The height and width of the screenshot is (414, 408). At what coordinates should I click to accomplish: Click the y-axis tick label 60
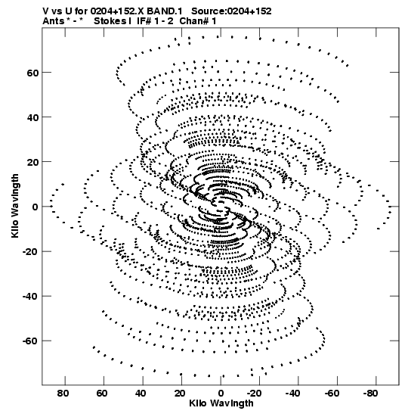pos(33,73)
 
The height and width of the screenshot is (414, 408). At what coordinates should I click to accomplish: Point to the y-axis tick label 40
pos(33,118)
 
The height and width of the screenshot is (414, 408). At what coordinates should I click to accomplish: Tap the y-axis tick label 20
pos(33,163)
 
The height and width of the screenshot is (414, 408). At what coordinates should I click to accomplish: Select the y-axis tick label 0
pos(36,207)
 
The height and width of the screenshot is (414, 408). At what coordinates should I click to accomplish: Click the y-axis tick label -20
pos(30,252)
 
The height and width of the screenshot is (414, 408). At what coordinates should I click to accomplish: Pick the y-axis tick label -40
pos(30,297)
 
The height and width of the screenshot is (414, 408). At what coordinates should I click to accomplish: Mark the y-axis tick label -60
pos(30,341)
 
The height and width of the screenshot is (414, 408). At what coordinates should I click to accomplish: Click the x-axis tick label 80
pos(63,394)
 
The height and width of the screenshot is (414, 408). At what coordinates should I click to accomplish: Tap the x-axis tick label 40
pos(141,394)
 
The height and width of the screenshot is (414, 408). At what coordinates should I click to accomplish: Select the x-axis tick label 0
pos(221,394)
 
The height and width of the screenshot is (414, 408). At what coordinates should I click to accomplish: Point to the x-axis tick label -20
pos(255,394)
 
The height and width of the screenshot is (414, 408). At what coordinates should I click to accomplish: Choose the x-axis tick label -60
pos(332,394)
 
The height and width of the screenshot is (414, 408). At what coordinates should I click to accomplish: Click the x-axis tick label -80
pos(371,394)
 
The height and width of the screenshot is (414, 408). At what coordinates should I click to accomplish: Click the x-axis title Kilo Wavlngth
pos(221,403)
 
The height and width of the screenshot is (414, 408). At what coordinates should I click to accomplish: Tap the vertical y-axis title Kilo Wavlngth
pos(15,206)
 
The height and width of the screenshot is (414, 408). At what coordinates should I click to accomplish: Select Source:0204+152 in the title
pos(231,11)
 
